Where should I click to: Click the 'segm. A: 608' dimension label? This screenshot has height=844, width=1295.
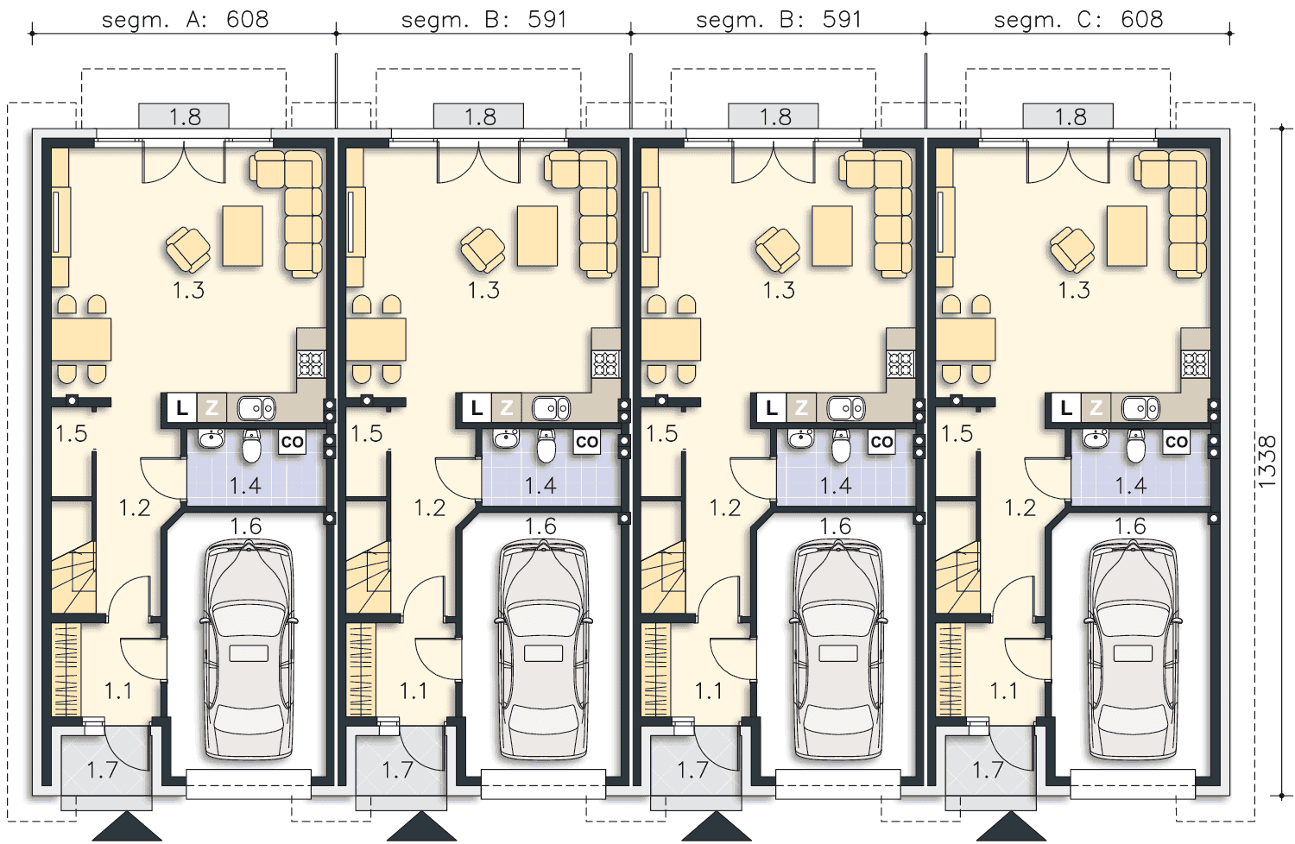click(x=185, y=20)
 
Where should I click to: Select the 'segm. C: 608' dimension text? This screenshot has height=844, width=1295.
click(x=1078, y=20)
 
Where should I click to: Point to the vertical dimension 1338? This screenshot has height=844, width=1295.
click(x=1267, y=462)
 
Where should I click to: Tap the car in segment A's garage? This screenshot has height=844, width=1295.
click(x=249, y=649)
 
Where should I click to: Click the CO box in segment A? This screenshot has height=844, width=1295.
click(x=292, y=442)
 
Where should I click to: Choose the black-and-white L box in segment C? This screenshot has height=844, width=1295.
click(x=1066, y=408)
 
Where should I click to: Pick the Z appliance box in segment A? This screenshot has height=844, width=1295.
click(x=212, y=408)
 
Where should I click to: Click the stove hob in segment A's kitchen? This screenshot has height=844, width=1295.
click(x=311, y=364)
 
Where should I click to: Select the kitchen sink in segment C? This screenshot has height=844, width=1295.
click(x=1140, y=409)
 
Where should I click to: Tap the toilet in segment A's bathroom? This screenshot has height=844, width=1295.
click(x=251, y=445)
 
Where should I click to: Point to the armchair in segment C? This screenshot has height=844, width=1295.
click(x=1072, y=249)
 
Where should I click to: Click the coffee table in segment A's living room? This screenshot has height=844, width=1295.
click(x=243, y=236)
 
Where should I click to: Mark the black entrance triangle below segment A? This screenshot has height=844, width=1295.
click(x=127, y=826)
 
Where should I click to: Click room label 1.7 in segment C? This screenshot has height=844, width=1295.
click(x=988, y=770)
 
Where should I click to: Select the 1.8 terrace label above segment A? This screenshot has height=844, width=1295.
click(x=185, y=117)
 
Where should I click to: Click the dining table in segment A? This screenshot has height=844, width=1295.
click(x=81, y=339)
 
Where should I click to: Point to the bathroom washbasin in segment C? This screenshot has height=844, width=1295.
click(x=1096, y=438)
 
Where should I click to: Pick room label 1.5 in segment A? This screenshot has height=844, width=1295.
click(x=71, y=433)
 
